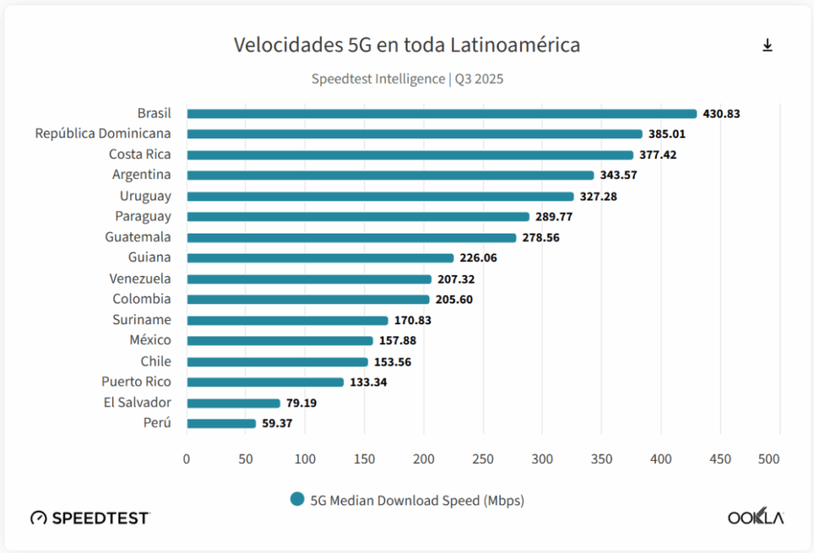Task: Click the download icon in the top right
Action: (x=767, y=45)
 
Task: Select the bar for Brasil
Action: (x=441, y=114)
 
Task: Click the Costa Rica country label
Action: (x=140, y=154)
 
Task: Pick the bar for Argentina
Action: (x=390, y=176)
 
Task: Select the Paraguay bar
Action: (x=358, y=217)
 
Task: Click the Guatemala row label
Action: (x=138, y=237)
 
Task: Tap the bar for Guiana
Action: (x=320, y=258)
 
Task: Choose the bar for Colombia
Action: (x=308, y=300)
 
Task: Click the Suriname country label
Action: (x=141, y=319)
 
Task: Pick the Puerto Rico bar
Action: (x=265, y=382)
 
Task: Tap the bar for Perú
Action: (x=221, y=423)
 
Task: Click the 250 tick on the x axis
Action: (x=483, y=459)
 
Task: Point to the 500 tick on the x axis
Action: (x=769, y=459)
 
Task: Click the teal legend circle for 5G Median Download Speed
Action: (x=297, y=499)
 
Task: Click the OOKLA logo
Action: (x=755, y=517)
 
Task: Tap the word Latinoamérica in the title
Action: (x=515, y=45)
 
